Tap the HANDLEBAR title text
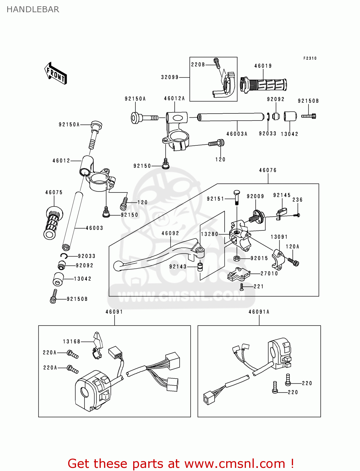[33, 9]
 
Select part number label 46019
[263, 66]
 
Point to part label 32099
[170, 77]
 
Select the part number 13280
[210, 234]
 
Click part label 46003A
[237, 134]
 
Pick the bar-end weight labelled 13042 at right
[290, 116]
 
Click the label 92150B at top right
[308, 101]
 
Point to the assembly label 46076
[268, 170]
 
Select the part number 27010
[269, 273]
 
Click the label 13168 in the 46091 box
[72, 341]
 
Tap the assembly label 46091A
[259, 312]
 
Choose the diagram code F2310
[310, 58]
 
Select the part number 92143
[178, 267]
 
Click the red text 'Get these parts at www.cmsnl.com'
[181, 463]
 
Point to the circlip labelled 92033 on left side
[64, 256]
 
